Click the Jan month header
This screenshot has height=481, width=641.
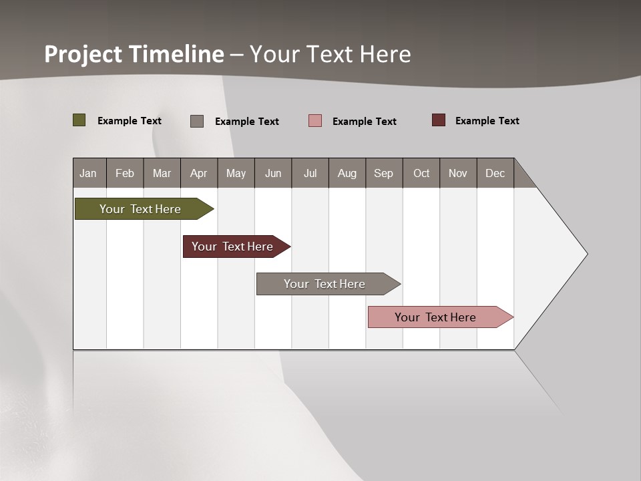point(89,173)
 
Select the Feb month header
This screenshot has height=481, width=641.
point(125,173)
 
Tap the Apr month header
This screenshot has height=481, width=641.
point(199,173)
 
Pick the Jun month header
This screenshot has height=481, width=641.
point(273,173)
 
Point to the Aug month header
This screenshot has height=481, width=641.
point(347,173)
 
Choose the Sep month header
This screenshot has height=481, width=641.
point(384,173)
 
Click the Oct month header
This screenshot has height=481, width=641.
point(421,173)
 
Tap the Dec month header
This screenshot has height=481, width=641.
point(495,173)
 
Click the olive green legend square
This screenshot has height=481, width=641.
point(79,120)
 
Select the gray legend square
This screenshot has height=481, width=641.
point(197,121)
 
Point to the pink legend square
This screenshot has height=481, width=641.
point(315,121)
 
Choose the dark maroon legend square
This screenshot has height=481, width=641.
point(439,120)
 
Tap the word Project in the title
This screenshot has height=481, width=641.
point(83,54)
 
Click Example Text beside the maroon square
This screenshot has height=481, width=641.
point(487,121)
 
